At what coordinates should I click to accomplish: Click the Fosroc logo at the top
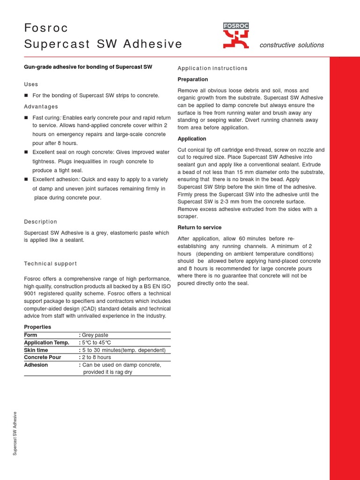[236, 36]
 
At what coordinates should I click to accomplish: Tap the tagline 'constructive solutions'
[292, 45]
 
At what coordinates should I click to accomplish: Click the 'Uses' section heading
[31, 84]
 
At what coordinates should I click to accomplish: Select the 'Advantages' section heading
[41, 107]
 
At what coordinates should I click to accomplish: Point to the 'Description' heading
[40, 222]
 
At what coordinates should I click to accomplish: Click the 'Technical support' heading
[50, 264]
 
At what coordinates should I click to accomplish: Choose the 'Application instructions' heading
[212, 68]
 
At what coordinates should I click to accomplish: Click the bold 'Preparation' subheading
[193, 80]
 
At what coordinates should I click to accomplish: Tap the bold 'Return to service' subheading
[200, 228]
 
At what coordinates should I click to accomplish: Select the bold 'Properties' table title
[37, 327]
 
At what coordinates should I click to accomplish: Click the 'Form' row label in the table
[30, 336]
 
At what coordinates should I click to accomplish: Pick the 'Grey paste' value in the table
[97, 336]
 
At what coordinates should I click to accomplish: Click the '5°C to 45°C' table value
[97, 343]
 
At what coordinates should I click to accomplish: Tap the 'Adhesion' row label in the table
[36, 365]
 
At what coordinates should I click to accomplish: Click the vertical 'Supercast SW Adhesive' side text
[15, 433]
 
